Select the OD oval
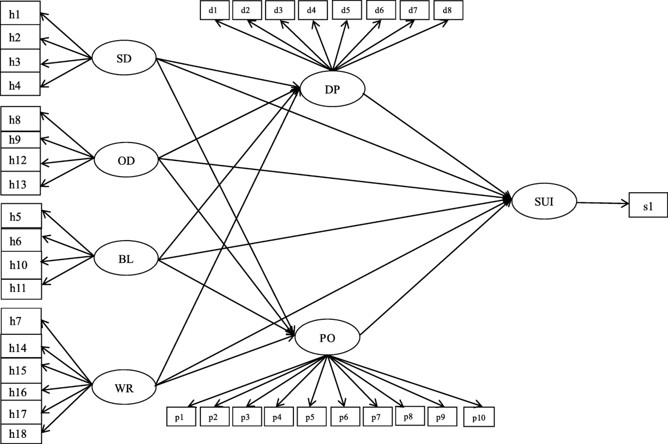point(126,160)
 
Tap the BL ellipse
point(125,258)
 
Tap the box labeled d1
point(214,11)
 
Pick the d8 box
point(446,11)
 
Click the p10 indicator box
point(478,417)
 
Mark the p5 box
point(311,417)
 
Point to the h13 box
point(21,183)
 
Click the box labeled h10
point(21,265)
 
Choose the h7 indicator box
point(21,321)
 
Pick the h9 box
point(21,140)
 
